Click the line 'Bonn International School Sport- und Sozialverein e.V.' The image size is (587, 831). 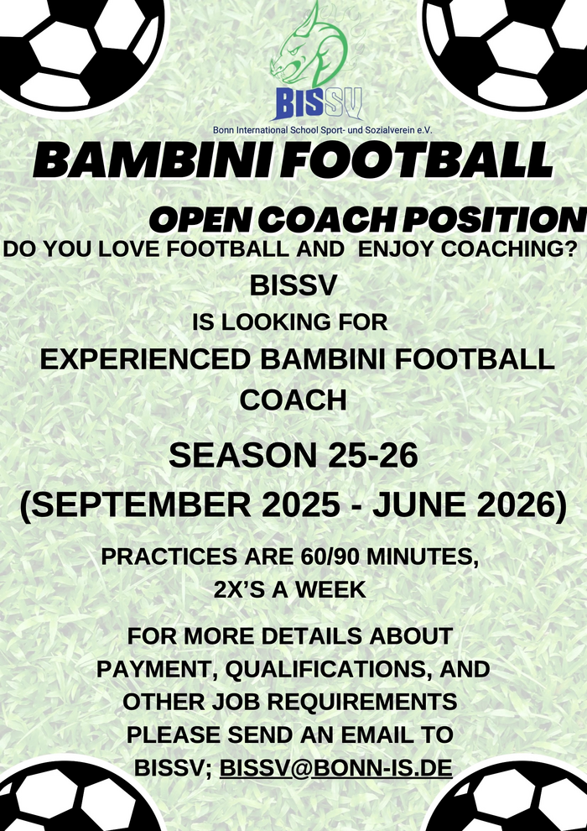tap(322, 130)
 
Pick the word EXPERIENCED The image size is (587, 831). tap(145, 360)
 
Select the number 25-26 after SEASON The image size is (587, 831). tap(372, 455)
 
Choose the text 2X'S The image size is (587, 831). tap(239, 590)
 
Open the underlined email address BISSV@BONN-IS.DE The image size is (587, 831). tap(336, 767)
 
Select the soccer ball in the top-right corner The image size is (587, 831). tap(508, 50)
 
